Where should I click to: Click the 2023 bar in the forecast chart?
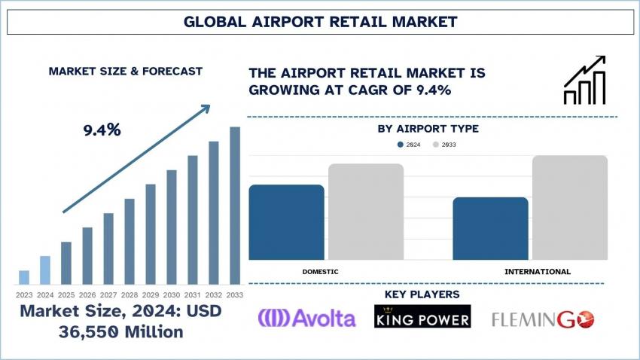pyautogui.click(x=24, y=277)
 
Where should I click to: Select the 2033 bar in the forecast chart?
pyautogui.click(x=235, y=206)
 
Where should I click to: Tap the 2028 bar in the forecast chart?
pyautogui.click(x=130, y=241)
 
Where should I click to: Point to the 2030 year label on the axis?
pyautogui.click(x=172, y=294)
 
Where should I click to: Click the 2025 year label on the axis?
pyautogui.click(x=66, y=294)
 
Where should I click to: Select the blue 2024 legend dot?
pyautogui.click(x=401, y=145)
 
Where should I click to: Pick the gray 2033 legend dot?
pyautogui.click(x=435, y=145)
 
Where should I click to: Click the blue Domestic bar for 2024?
pyautogui.click(x=287, y=222)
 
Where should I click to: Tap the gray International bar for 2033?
pyautogui.click(x=570, y=207)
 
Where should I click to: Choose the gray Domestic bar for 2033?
pyautogui.click(x=366, y=212)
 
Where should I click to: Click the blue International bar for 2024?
pyautogui.click(x=491, y=228)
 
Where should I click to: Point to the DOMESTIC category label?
pyautogui.click(x=321, y=271)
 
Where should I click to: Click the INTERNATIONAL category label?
pyautogui.click(x=538, y=271)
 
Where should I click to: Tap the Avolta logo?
pyautogui.click(x=307, y=318)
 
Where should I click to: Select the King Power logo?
pyautogui.click(x=422, y=316)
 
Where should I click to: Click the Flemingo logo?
pyautogui.click(x=543, y=319)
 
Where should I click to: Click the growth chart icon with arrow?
pyautogui.click(x=585, y=80)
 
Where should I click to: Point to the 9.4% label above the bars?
pyautogui.click(x=102, y=130)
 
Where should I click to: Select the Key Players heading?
pyautogui.click(x=422, y=294)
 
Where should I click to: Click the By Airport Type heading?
pyautogui.click(x=428, y=129)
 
